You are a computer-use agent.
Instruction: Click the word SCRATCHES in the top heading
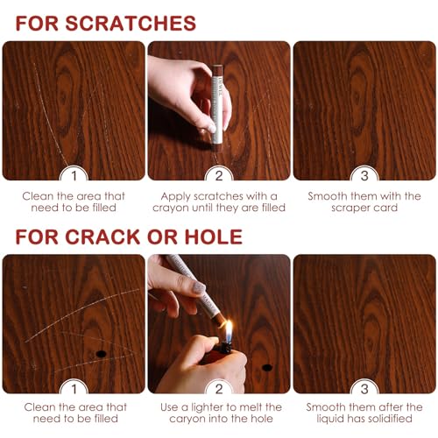tap(134, 23)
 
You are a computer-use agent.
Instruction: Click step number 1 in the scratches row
tap(74, 174)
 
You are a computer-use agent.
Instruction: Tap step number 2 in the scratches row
tap(219, 174)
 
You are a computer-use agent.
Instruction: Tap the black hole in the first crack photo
tap(102, 353)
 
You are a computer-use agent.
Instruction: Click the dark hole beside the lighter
tap(267, 366)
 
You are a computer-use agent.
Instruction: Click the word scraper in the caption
tap(346, 208)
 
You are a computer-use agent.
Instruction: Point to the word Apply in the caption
tap(176, 195)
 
